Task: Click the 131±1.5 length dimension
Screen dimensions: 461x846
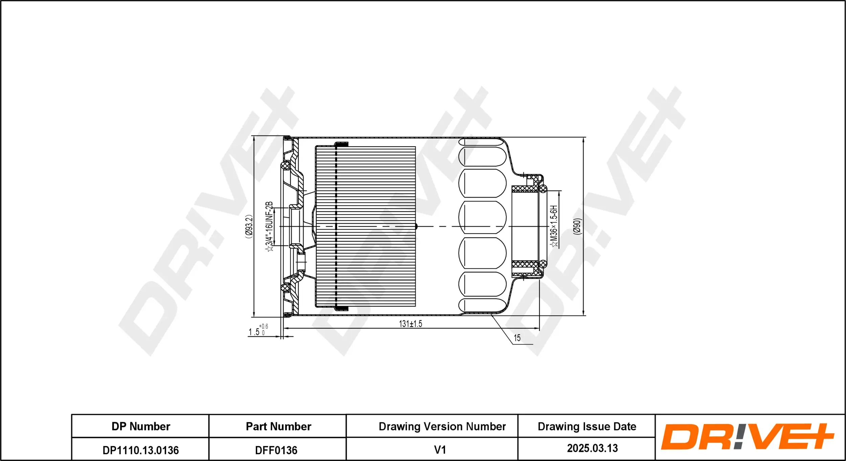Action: (x=410, y=324)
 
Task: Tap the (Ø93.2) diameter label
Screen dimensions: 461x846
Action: (x=249, y=226)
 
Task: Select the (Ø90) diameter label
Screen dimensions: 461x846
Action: (x=577, y=226)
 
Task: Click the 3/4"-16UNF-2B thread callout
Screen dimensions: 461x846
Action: (x=269, y=223)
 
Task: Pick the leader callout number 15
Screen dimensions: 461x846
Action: (x=517, y=338)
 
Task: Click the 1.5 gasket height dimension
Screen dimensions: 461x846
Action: (x=254, y=332)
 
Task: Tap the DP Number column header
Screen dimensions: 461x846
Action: (x=141, y=426)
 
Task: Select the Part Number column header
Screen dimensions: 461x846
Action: (x=278, y=426)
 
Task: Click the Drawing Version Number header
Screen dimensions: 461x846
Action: (x=442, y=426)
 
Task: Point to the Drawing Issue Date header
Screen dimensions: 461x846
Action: (x=587, y=426)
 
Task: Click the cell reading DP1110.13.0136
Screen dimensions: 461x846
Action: (x=141, y=450)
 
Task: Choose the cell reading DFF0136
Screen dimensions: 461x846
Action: (x=276, y=450)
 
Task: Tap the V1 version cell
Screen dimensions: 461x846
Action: (x=440, y=450)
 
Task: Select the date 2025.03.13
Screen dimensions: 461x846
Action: (x=592, y=448)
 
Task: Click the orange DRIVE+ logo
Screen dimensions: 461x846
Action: (x=748, y=437)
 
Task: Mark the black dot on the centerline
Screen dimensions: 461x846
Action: (x=416, y=226)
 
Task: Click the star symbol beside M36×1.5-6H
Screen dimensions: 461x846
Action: (x=555, y=244)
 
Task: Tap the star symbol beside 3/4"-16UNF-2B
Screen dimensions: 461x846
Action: (x=270, y=249)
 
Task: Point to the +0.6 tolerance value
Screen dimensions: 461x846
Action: (x=264, y=326)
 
